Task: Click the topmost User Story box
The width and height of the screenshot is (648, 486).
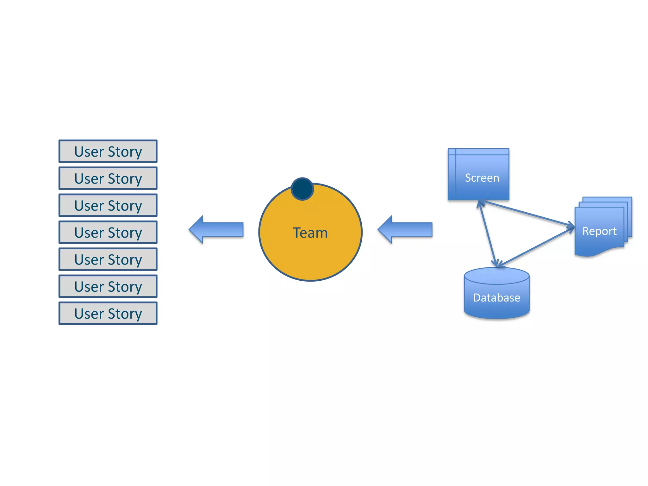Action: point(108,151)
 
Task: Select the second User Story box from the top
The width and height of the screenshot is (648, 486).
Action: point(108,178)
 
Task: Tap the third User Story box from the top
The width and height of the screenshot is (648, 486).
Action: point(108,205)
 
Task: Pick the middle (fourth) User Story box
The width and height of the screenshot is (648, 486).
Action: point(108,232)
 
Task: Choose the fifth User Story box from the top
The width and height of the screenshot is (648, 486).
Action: point(108,259)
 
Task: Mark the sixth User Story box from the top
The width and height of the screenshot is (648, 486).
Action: point(108,286)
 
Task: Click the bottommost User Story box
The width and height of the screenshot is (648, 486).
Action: point(108,313)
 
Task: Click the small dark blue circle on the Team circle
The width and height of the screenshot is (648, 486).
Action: point(302,189)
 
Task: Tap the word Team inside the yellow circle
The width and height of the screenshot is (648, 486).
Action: point(310,233)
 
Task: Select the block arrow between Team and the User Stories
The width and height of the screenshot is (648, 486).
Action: point(217,230)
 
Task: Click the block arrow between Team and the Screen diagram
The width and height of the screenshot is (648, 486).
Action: point(406,230)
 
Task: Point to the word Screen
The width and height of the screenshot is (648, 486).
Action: point(482,178)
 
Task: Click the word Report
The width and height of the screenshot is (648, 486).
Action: point(599,231)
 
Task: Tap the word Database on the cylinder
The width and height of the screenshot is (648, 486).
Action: point(496,298)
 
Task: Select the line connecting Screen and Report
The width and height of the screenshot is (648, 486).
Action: point(527,213)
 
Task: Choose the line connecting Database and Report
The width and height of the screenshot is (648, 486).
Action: point(536,247)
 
